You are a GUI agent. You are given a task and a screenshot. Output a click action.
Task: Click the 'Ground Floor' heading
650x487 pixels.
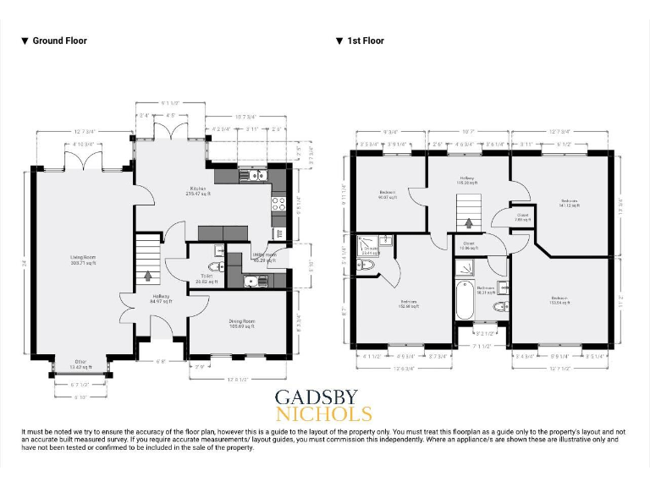(x=58, y=41)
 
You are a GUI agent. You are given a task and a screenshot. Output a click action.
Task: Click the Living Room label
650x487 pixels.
(x=83, y=260)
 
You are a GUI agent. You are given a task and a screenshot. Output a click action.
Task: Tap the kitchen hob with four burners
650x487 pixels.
(x=278, y=203)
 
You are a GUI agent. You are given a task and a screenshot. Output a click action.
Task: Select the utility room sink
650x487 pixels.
(x=252, y=280)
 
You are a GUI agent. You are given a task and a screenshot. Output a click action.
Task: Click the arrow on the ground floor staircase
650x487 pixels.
(x=149, y=275)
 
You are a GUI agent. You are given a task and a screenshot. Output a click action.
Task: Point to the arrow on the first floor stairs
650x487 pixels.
(x=468, y=223)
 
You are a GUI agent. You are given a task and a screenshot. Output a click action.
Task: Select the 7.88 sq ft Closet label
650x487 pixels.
(x=523, y=217)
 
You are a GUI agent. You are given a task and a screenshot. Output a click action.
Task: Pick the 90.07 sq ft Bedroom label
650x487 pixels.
(x=388, y=196)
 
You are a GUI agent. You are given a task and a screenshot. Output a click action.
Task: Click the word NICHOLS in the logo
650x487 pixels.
(x=323, y=414)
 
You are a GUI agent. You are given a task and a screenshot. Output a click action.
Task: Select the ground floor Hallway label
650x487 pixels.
(x=159, y=298)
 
